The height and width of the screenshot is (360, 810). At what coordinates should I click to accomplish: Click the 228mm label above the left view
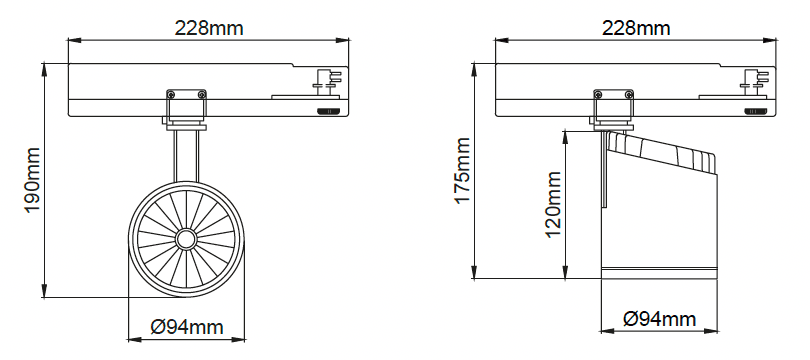tap(209, 28)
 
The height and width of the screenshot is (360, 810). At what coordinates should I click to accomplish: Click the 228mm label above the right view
tap(636, 28)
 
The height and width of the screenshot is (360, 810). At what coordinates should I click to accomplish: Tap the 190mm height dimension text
tap(32, 180)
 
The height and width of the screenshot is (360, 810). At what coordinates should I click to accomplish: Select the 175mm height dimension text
tap(462, 171)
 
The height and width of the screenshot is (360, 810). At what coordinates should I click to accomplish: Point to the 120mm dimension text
tap(553, 205)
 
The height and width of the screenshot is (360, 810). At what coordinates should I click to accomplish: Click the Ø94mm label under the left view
tap(187, 327)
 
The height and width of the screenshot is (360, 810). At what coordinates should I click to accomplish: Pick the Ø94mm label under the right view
tap(660, 319)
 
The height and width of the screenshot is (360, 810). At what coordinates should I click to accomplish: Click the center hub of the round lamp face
tap(185, 239)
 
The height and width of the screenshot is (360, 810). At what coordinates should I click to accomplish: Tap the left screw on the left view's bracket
tap(171, 94)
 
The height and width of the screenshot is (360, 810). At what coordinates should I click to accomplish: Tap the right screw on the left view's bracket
tap(201, 94)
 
